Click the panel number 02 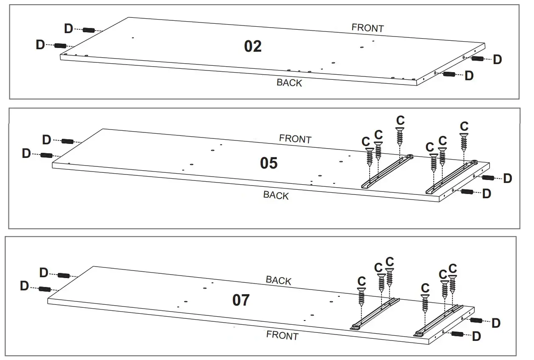[x=253, y=46]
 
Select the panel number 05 [x=268, y=163]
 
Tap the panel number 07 [x=241, y=300]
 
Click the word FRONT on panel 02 [x=367, y=28]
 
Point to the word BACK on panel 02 [x=289, y=83]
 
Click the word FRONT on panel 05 [x=295, y=139]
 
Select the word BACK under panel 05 [x=276, y=195]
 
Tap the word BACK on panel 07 [x=279, y=280]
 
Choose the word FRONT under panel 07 [x=282, y=336]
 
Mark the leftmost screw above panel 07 [x=362, y=297]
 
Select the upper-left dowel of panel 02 [x=88, y=30]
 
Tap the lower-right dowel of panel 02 [x=449, y=74]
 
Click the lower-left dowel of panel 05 [x=47, y=155]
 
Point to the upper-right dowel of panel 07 [x=476, y=320]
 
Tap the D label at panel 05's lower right [x=487, y=194]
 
